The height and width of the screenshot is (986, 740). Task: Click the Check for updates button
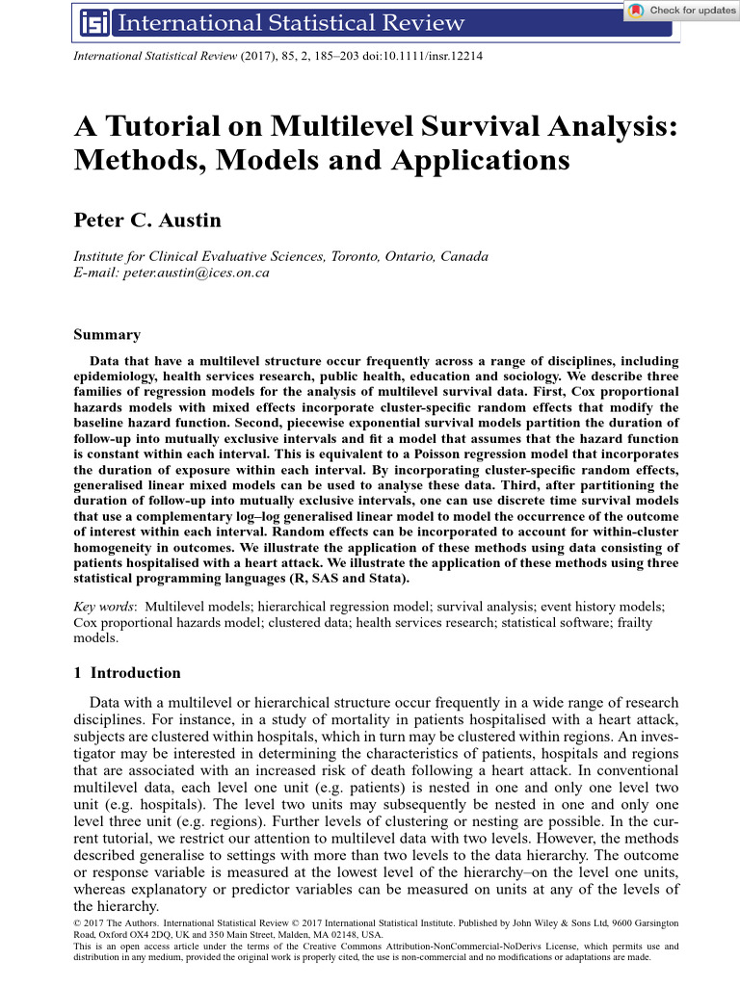coord(680,11)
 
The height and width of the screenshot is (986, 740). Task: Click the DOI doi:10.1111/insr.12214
coord(424,56)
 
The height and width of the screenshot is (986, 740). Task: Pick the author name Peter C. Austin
coord(147,221)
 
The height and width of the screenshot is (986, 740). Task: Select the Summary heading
coord(107,335)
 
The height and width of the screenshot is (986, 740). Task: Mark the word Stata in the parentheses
coord(385,579)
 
